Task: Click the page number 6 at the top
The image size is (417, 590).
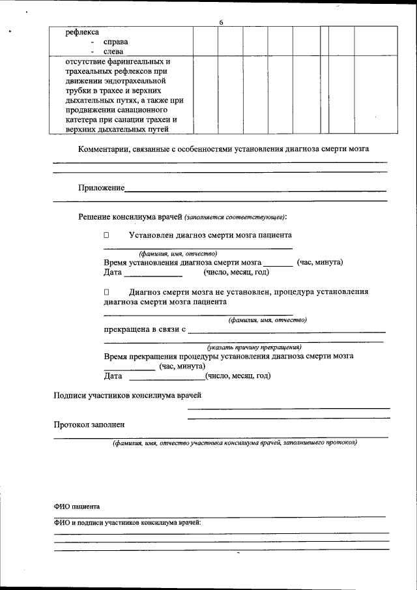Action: (221, 23)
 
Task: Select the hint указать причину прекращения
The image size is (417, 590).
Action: (253, 347)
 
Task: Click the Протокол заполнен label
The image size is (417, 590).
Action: (89, 424)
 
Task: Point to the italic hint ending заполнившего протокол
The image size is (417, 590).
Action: (234, 443)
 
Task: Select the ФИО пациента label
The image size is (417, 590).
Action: (77, 507)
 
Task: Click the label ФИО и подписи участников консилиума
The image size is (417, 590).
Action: (127, 523)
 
